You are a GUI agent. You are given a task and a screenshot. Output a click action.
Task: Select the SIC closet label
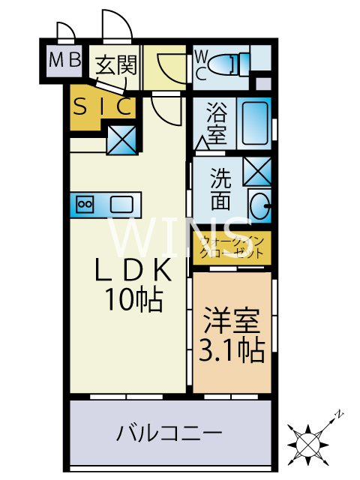[x=103, y=106]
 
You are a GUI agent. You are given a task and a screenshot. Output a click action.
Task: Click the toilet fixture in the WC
[x=232, y=64]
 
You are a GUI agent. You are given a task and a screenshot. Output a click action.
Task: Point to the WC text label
[x=202, y=64]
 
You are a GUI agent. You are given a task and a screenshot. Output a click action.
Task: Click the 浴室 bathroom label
[x=214, y=124]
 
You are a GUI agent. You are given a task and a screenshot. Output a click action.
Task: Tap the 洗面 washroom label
[x=220, y=190]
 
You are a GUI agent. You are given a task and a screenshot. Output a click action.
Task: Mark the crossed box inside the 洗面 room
[x=257, y=172]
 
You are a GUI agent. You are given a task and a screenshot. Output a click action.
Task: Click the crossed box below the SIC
[x=121, y=139]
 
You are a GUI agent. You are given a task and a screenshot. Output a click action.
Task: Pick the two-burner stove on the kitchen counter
[x=84, y=204]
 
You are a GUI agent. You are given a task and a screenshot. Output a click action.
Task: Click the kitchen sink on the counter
[x=121, y=203]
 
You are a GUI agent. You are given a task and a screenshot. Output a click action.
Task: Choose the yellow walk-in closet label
[x=232, y=247]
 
